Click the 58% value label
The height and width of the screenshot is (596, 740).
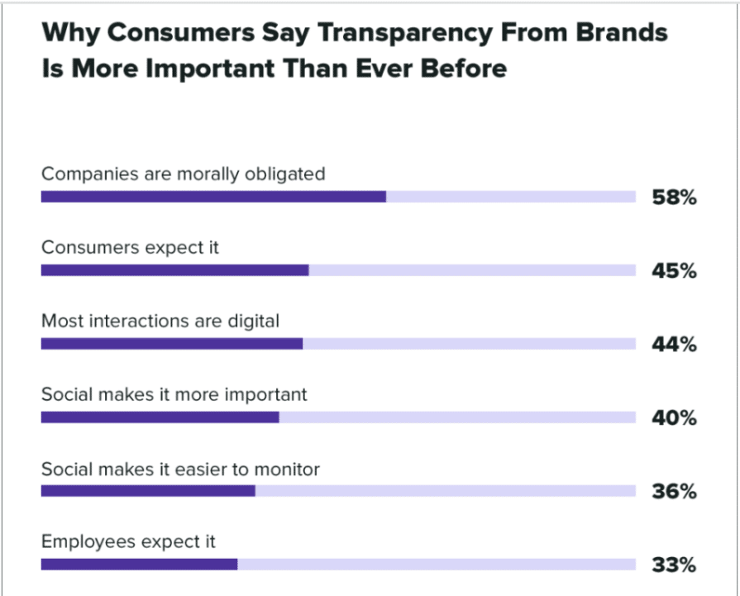click(671, 198)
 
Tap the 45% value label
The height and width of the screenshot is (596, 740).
click(671, 271)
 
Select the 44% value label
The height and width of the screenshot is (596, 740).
click(671, 345)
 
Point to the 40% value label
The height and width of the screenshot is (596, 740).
click(671, 418)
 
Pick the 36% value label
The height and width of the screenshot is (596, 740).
click(671, 492)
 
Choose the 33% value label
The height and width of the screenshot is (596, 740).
click(671, 565)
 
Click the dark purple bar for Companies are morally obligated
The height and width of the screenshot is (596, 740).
click(213, 197)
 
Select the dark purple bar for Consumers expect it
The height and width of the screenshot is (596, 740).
click(174, 270)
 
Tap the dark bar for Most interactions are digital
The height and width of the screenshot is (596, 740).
click(171, 344)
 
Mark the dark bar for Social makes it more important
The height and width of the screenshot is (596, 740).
click(160, 417)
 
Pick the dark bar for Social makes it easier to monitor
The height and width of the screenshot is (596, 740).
click(148, 491)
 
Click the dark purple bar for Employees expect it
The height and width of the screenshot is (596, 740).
click(139, 565)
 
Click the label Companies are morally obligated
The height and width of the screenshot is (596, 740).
click(183, 174)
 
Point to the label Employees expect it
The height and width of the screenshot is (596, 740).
click(128, 542)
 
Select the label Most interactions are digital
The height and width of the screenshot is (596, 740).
click(160, 321)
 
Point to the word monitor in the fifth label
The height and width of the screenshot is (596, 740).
click(288, 470)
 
